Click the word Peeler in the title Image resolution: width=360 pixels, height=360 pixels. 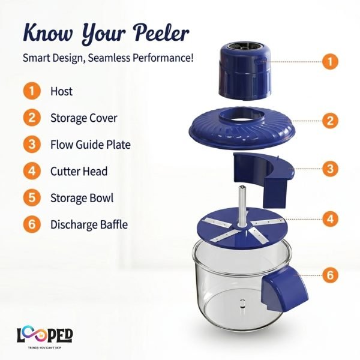161,33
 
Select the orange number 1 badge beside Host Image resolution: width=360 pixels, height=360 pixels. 32,91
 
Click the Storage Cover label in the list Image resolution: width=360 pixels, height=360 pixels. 84,118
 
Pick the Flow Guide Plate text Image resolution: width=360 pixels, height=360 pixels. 91,145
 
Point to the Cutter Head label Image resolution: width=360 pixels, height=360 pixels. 79,171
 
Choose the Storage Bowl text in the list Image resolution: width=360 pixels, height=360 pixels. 82,198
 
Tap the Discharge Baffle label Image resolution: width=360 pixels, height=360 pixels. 89,224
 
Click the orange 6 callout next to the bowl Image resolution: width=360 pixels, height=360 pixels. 330,275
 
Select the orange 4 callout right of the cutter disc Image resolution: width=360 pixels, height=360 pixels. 330,219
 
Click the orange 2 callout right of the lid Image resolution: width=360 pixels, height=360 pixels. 330,121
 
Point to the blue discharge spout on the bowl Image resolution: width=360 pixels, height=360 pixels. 284,289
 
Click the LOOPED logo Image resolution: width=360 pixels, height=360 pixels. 45,335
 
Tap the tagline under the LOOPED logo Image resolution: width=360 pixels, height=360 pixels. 45,347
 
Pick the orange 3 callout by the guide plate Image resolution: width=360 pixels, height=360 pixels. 330,169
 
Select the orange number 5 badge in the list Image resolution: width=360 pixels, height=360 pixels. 32,197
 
